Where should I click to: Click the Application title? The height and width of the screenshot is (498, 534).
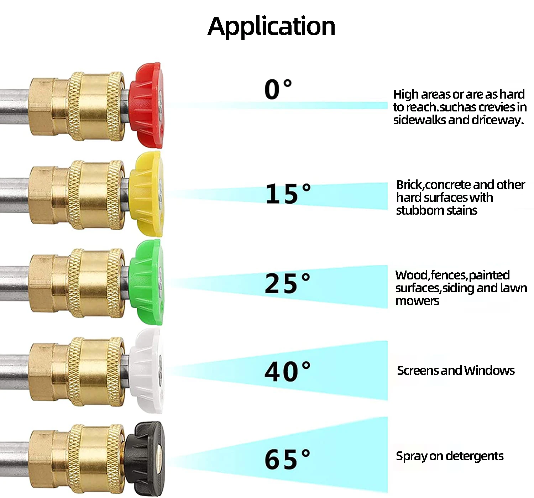[x=271, y=26]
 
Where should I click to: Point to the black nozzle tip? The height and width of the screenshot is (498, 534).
[x=145, y=458]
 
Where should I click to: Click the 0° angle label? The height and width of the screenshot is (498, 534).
[x=278, y=89]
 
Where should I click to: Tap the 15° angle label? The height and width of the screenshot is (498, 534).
[x=288, y=194]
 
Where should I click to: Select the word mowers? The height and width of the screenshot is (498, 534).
[x=417, y=301]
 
